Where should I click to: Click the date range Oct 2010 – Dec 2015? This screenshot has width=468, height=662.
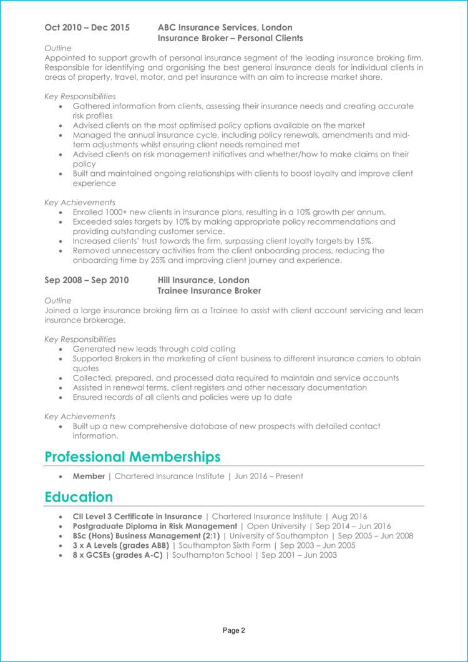coord(87,27)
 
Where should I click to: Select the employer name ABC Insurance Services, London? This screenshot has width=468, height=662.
coord(225,27)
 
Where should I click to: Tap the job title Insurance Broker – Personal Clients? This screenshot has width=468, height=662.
coord(230,38)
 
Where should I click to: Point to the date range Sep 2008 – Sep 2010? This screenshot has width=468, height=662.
coord(87,280)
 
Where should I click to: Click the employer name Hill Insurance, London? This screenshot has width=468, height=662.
coord(203,280)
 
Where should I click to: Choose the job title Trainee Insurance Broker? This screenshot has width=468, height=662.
coord(209,291)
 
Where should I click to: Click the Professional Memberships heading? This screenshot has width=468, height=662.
coord(132,457)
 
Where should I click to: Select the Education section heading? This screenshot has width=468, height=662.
coord(79,497)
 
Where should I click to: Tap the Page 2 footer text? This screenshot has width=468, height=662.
coord(234,631)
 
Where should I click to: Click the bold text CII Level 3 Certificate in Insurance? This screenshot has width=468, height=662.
coord(137,517)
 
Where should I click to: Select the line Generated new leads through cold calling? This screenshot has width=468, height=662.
coord(154,349)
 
